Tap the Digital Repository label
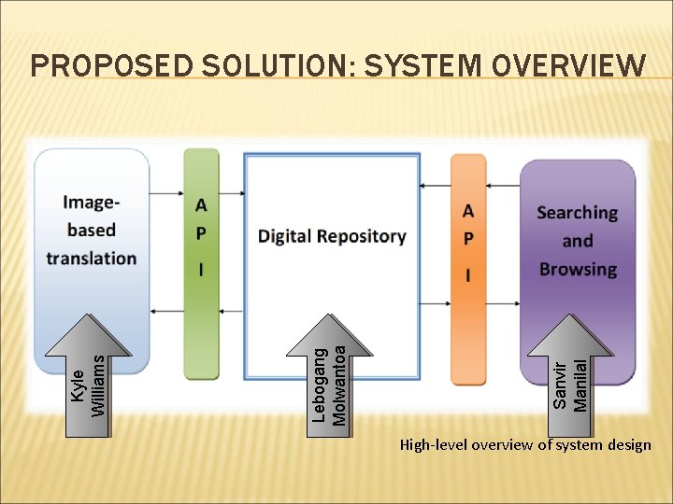tap(332, 236)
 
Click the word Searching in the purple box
tap(577, 213)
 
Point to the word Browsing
tap(578, 270)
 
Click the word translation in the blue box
tap(92, 258)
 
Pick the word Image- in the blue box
tap(92, 202)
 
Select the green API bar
tap(201, 261)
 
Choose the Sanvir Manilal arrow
tap(571, 369)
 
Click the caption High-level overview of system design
tap(525, 445)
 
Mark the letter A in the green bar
tap(202, 205)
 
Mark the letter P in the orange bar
tap(468, 240)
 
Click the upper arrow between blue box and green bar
tap(166, 193)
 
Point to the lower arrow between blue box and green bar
tap(166, 311)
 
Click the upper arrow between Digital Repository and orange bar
tap(435, 187)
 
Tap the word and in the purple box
tap(577, 241)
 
